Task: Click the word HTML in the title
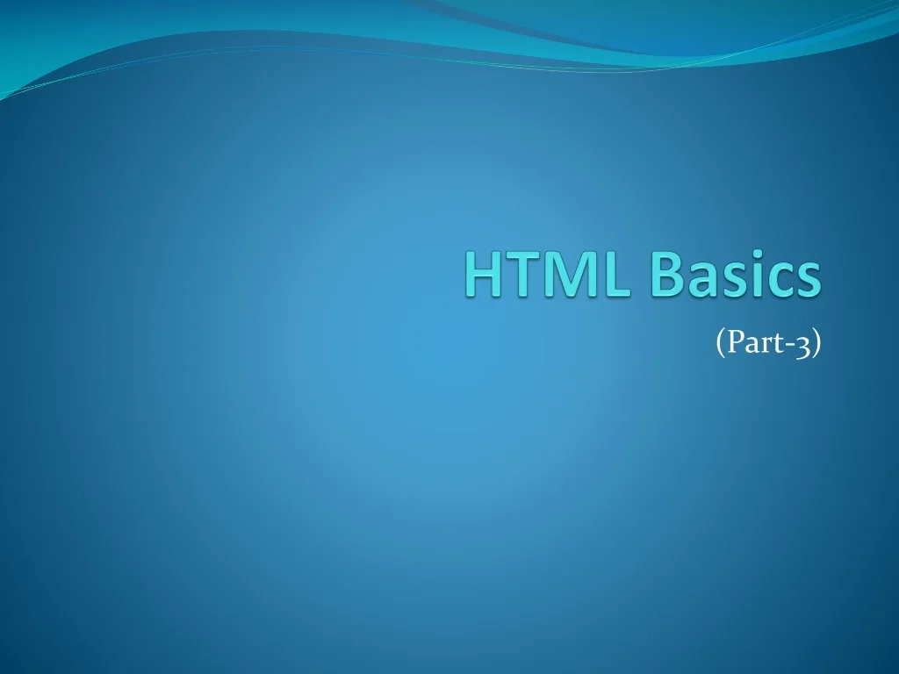pos(546,275)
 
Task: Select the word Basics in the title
pos(734,275)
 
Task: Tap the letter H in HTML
pos(482,275)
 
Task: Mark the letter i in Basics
pos(752,275)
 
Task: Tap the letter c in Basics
pos(776,279)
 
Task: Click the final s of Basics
pos(808,279)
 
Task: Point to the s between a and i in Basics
pos(730,279)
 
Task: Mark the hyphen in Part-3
pos(788,346)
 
